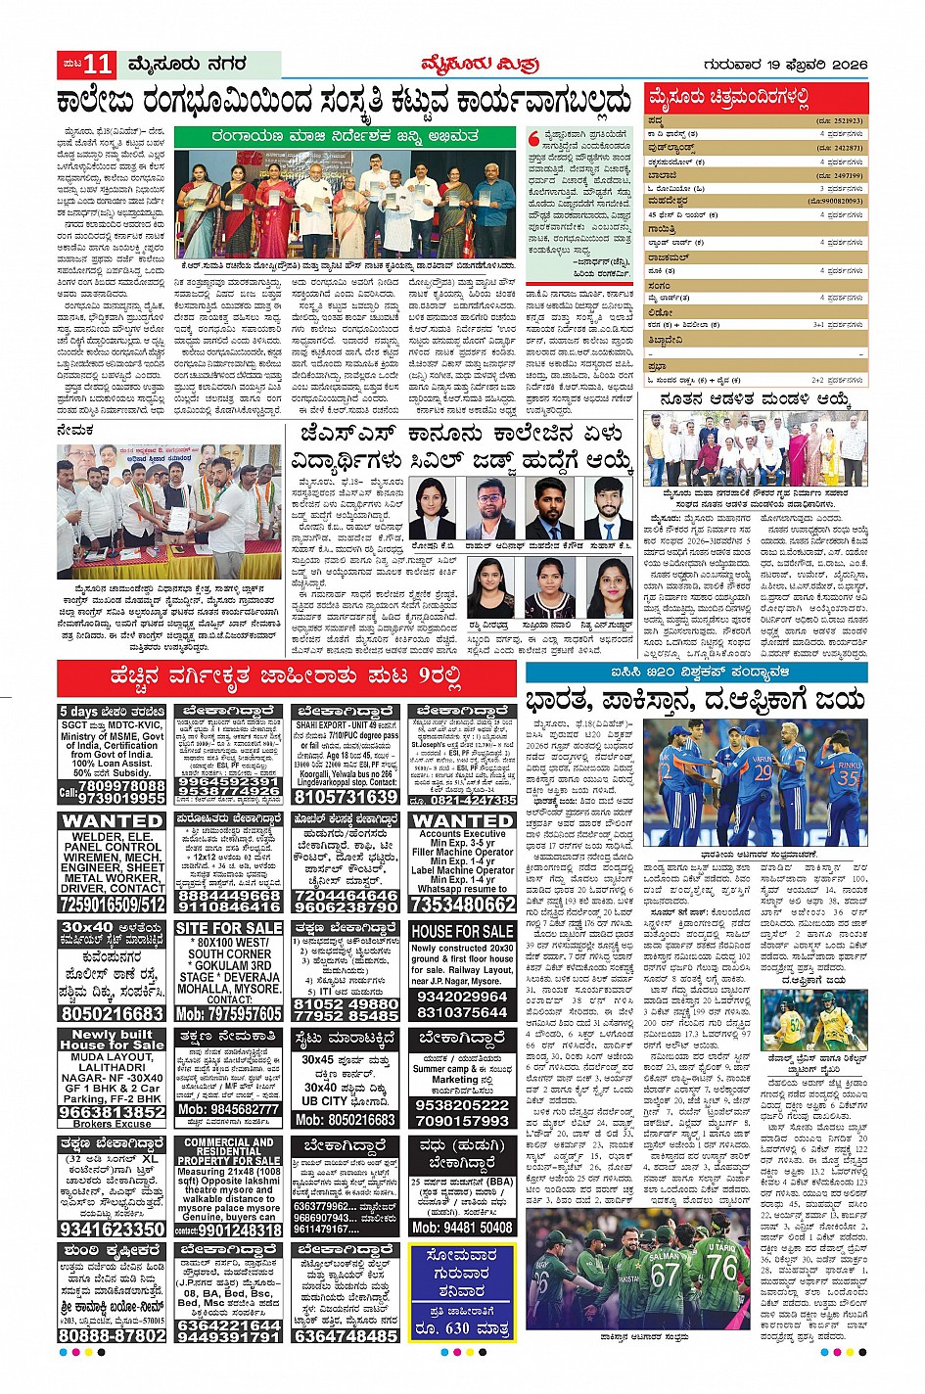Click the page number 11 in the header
tap(99, 65)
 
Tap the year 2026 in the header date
tap(847, 65)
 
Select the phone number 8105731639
tap(346, 797)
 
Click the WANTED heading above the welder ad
tap(112, 820)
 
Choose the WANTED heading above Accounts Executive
tap(462, 820)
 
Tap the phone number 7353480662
tap(462, 905)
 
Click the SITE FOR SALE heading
tap(229, 928)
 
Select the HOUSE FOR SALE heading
tap(462, 931)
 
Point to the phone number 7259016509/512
tap(113, 905)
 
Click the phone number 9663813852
tap(113, 1112)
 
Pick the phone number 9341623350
tap(113, 1229)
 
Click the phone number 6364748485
tap(346, 1335)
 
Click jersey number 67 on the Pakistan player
tap(666, 1275)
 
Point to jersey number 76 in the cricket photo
tap(722, 1266)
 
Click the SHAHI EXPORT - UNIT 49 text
tap(346, 724)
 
